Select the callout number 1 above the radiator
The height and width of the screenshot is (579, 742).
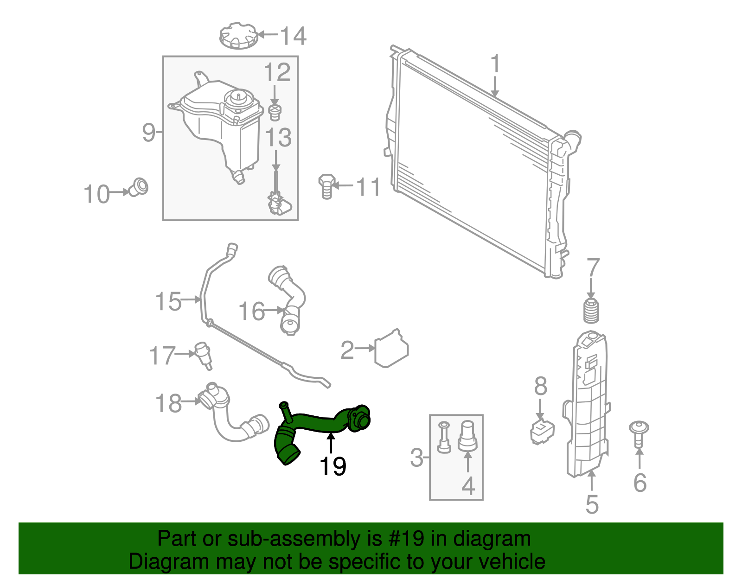495,64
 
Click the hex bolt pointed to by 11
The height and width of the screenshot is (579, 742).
326,186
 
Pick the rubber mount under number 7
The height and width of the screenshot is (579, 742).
591,311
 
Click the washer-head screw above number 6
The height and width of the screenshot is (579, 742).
639,433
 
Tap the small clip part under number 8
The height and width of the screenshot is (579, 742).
542,431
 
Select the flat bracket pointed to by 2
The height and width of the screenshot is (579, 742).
391,349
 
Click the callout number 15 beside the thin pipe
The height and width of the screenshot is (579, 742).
168,301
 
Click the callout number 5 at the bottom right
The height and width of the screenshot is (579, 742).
592,504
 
